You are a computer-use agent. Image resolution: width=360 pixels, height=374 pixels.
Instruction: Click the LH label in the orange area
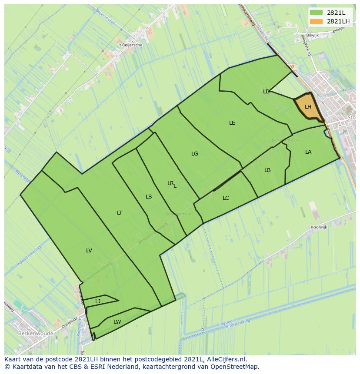(x=308, y=107)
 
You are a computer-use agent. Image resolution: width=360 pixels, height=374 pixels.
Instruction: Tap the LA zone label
(x=308, y=152)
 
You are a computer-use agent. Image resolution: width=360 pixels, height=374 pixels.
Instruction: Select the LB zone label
(x=267, y=170)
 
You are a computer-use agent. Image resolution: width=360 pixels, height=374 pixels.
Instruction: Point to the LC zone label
(x=226, y=198)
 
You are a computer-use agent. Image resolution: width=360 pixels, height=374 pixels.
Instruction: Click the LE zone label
(x=232, y=123)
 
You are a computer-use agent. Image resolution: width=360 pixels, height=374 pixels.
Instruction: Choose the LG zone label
(x=195, y=154)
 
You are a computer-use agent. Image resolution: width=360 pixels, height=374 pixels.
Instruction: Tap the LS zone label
(x=149, y=197)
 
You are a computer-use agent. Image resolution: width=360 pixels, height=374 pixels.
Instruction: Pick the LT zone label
(x=120, y=213)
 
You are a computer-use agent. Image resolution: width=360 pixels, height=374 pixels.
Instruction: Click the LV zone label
(x=89, y=251)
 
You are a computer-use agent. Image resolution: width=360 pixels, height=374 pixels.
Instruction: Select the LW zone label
(x=117, y=322)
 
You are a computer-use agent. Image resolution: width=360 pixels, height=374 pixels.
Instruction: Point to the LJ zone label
(x=98, y=301)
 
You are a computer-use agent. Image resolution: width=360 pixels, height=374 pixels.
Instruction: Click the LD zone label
(x=266, y=92)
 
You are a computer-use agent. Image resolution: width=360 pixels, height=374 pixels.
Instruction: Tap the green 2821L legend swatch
(x=316, y=13)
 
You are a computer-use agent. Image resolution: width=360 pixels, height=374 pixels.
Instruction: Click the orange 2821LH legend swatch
(x=316, y=21)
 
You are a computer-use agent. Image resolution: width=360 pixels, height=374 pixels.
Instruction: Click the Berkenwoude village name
(x=36, y=334)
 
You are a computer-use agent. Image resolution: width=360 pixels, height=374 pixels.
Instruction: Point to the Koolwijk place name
(x=319, y=227)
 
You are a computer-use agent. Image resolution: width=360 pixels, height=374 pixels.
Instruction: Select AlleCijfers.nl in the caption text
(x=226, y=359)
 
